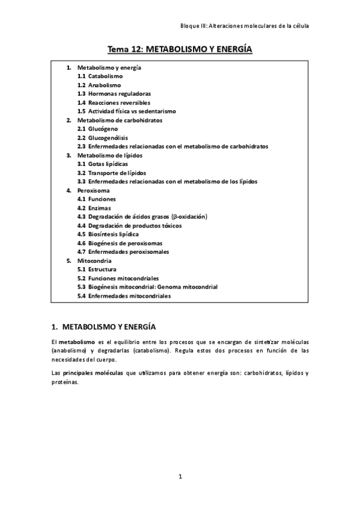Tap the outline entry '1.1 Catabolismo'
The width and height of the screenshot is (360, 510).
[100, 76]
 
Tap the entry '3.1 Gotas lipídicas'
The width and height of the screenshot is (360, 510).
[103, 164]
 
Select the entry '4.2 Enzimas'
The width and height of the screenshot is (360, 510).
[94, 207]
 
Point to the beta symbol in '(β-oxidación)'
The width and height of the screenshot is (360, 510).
[175, 217]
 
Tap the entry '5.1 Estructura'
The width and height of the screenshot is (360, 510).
[97, 270]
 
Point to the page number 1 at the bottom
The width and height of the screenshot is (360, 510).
[180, 477]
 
